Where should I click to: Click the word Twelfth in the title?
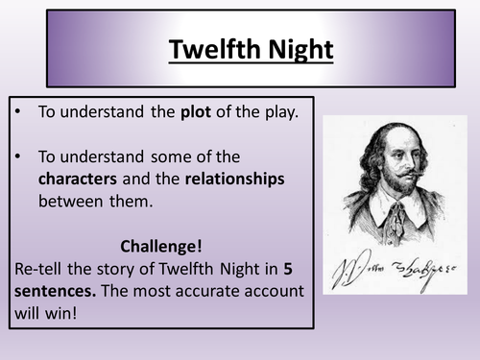[x=208, y=48]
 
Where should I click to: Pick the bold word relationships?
[x=234, y=179]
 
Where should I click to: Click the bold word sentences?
[x=55, y=290]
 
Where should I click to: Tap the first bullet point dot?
[x=21, y=112]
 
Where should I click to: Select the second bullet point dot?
[x=21, y=156]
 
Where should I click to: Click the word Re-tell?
[x=39, y=268]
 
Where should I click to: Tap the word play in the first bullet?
[x=281, y=111]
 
